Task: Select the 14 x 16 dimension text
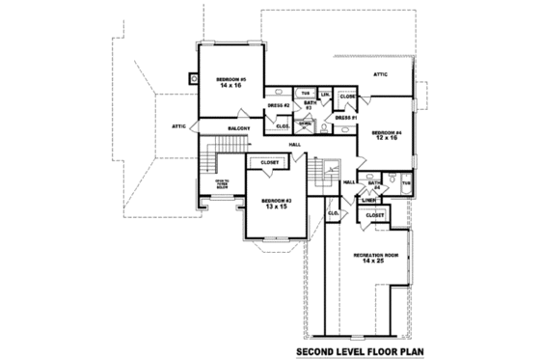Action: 229,85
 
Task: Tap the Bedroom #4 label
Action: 386,132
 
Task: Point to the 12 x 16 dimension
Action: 386,139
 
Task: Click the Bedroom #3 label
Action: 275,200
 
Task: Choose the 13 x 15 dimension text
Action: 275,207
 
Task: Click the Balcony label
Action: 239,127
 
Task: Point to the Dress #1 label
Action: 348,117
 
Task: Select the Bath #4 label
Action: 375,183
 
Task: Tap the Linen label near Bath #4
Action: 368,200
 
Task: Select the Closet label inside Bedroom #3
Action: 271,163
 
